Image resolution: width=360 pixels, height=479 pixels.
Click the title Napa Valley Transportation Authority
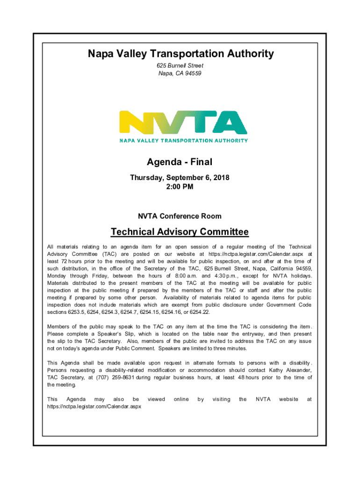[x=180, y=54]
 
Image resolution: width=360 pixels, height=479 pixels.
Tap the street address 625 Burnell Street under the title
[x=180, y=66]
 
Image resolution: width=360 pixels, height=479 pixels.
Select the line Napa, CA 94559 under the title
[x=180, y=73]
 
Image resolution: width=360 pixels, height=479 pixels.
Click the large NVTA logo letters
[x=183, y=123]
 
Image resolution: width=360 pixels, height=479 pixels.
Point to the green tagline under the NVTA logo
[x=183, y=140]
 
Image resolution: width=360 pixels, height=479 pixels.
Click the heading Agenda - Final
[x=180, y=162]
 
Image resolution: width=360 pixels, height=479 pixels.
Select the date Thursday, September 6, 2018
[x=180, y=178]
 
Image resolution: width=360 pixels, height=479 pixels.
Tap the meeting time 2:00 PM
[x=180, y=187]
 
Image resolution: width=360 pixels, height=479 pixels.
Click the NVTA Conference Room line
[x=180, y=216]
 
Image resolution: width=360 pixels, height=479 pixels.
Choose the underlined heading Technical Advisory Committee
[x=180, y=232]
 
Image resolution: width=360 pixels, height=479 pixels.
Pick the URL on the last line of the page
[x=94, y=406]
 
